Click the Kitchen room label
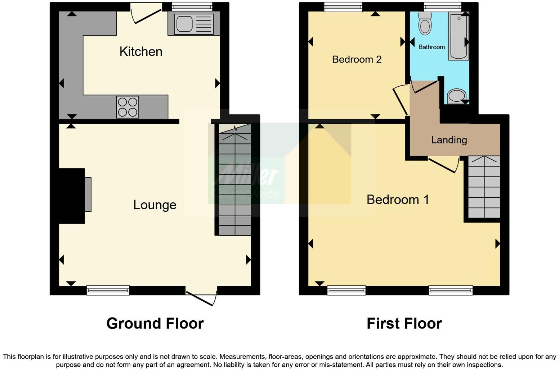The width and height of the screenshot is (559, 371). click(141, 51)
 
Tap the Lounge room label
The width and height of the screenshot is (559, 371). click(155, 205)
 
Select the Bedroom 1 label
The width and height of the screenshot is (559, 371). click(398, 200)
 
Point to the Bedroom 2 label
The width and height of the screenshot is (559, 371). click(357, 59)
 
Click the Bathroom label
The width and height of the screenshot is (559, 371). click(431, 47)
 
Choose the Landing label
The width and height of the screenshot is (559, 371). click(449, 140)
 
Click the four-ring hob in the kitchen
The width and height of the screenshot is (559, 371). click(128, 107)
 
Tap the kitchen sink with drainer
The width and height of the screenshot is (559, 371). click(194, 24)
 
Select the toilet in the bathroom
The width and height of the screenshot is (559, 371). click(425, 23)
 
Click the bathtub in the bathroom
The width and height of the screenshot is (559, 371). click(458, 36)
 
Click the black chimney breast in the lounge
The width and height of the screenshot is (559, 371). click(72, 196)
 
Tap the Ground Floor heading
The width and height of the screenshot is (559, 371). click(155, 323)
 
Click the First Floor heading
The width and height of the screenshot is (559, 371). click(404, 323)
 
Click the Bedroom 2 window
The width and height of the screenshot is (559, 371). click(343, 6)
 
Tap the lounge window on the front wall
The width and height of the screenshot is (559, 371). click(108, 290)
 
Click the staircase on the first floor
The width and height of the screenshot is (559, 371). click(484, 187)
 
